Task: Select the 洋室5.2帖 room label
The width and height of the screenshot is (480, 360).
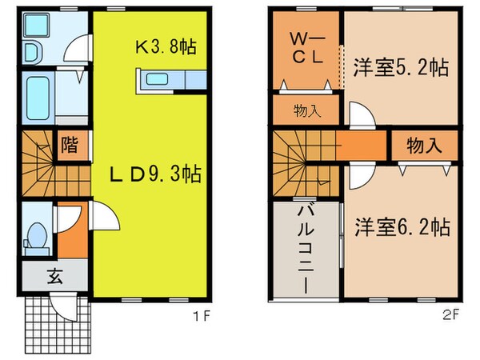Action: [x=399, y=67]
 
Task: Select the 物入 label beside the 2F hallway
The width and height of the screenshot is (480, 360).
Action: [x=425, y=146]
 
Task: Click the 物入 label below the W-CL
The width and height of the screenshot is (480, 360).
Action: [x=307, y=110]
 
